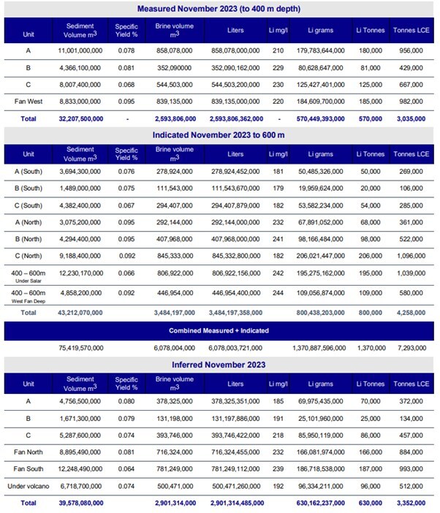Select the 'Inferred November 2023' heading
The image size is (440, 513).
click(220, 365)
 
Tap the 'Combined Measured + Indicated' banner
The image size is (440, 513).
click(220, 330)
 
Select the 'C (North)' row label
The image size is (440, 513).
click(29, 256)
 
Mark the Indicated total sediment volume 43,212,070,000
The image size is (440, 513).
click(78, 312)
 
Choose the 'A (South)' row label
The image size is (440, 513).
click(29, 170)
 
